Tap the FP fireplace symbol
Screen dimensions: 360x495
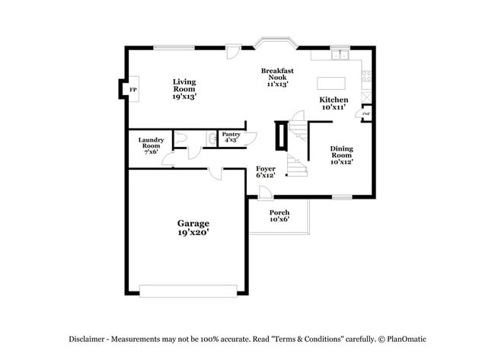click(132, 90)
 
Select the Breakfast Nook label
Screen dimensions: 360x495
click(277, 75)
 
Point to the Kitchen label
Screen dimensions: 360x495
click(334, 100)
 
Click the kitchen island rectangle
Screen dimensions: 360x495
click(330, 82)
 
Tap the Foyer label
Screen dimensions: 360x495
click(265, 168)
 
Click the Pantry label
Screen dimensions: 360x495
click(231, 134)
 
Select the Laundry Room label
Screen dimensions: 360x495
click(150, 142)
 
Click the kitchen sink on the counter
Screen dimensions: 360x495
click(340, 55)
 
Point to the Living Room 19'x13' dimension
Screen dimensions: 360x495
click(184, 97)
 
